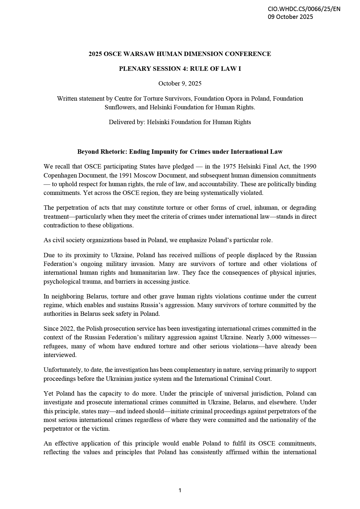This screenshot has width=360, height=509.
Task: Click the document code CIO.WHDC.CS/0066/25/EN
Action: pos(304,9)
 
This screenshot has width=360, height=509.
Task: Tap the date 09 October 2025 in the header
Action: pos(290,17)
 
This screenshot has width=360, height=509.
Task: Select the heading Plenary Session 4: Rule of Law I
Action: pos(180,69)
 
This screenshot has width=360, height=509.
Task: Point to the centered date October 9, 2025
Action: pos(180,84)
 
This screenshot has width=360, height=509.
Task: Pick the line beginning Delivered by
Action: pos(180,122)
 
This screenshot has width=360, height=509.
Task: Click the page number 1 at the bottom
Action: pos(180,490)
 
